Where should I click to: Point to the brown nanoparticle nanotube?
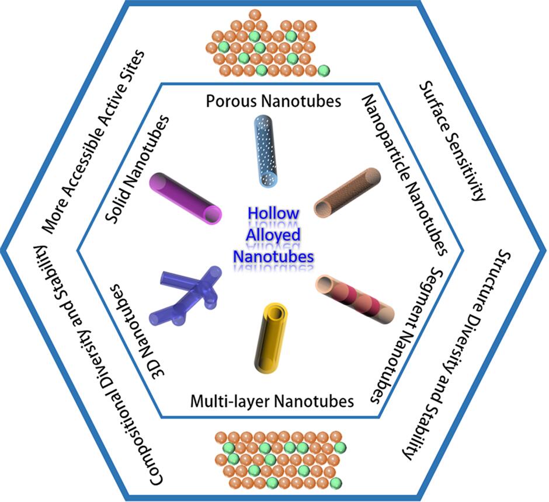click(348, 193)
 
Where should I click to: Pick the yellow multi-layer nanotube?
click(272, 335)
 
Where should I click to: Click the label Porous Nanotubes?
click(273, 102)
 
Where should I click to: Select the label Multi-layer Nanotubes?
click(272, 401)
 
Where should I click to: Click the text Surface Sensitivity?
click(453, 141)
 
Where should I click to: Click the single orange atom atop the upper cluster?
click(255, 15)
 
